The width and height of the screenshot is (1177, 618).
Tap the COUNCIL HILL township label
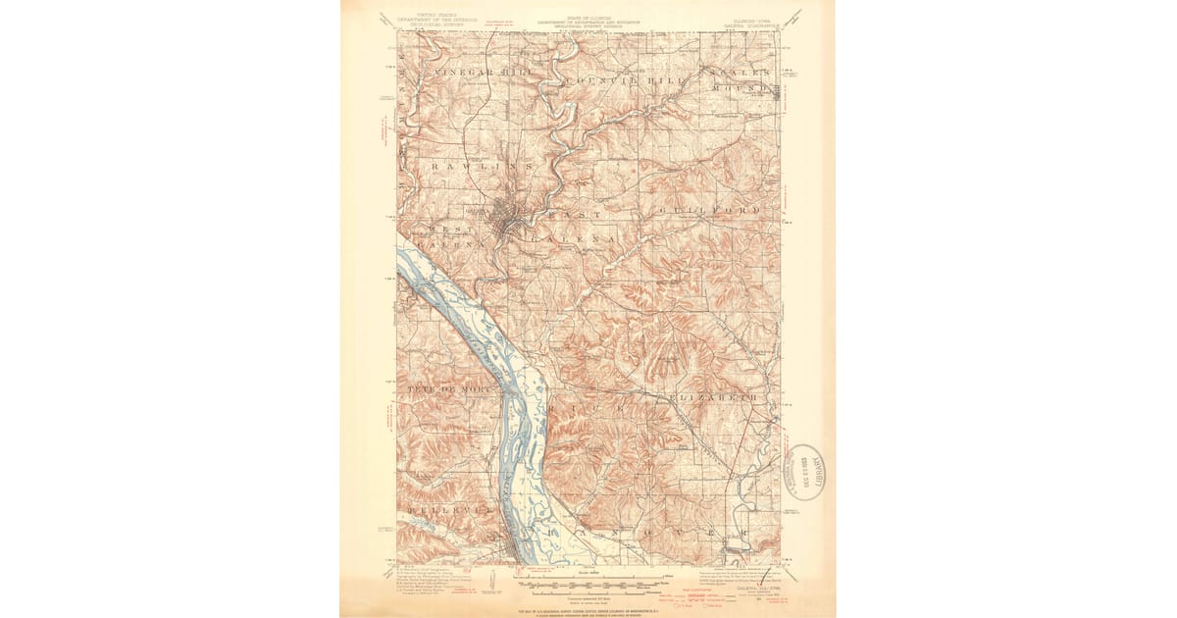[623, 79]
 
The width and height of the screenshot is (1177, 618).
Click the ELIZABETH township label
[712, 398]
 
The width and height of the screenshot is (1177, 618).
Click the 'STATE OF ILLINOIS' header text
[588, 18]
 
